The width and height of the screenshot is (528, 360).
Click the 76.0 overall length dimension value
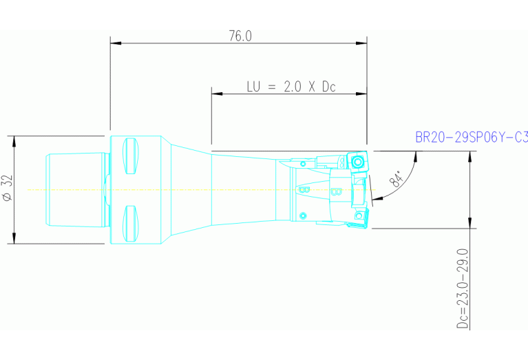coord(240,36)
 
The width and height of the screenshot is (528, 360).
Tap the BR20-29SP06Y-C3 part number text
coord(472,138)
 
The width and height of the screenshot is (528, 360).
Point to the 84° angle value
coord(397,180)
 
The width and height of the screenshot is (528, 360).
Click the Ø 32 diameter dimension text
coord(8,188)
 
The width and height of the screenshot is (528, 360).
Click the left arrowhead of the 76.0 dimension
coord(116,43)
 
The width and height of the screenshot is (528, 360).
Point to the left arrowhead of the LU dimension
coord(216,94)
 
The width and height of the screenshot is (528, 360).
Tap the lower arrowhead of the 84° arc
coord(375,199)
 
